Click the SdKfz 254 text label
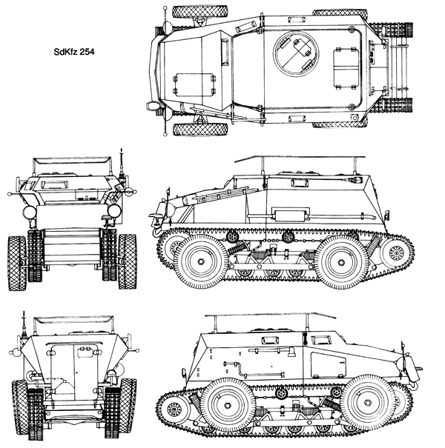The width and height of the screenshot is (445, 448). [x=74, y=52]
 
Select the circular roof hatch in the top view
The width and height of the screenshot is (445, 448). [x=296, y=54]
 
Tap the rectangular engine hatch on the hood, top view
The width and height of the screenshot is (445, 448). [x=194, y=84]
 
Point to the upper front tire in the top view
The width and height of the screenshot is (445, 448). [x=200, y=12]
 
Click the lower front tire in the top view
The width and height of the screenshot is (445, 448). [x=200, y=130]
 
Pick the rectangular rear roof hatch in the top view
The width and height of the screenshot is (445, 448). [x=346, y=69]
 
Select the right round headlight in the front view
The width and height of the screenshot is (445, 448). [x=114, y=211]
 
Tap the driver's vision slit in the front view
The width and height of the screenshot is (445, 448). [x=53, y=185]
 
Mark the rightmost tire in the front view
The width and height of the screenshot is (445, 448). [x=128, y=261]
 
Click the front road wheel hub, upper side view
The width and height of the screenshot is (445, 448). [x=201, y=261]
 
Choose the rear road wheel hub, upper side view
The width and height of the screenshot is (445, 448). [x=341, y=261]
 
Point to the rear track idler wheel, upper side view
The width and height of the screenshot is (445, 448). [x=396, y=253]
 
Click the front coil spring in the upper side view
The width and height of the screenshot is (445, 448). [x=238, y=247]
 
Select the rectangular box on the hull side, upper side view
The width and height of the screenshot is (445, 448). [x=290, y=215]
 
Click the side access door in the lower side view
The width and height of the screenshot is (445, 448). [x=329, y=365]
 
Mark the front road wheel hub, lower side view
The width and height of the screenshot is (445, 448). [x=368, y=402]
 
